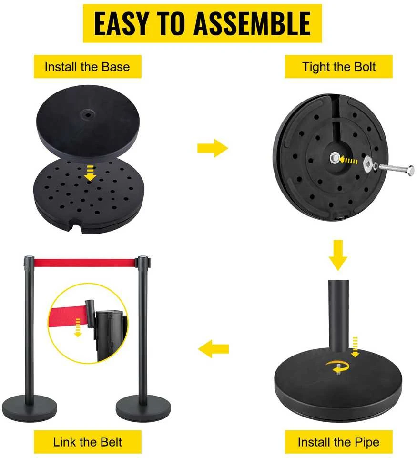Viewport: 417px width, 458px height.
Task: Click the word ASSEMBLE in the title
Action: tap(252, 23)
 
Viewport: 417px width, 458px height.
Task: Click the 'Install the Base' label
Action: tap(87, 67)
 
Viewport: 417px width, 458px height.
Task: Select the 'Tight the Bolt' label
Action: tap(338, 67)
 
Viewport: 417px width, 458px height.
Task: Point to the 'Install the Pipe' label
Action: tap(338, 442)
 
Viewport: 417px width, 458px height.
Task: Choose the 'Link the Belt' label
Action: tap(87, 442)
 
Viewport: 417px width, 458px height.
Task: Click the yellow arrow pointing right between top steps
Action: tap(213, 148)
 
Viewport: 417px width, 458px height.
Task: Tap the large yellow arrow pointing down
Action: tap(338, 255)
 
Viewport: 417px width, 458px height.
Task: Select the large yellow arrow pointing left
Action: tap(213, 349)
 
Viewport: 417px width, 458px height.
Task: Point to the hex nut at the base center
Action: tap(335, 159)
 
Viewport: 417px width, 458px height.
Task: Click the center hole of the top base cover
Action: tap(87, 114)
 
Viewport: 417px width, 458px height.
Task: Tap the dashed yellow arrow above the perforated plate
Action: tap(90, 173)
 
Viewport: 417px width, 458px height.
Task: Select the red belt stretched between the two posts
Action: tap(85, 263)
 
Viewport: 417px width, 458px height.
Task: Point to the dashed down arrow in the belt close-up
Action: tap(78, 328)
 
